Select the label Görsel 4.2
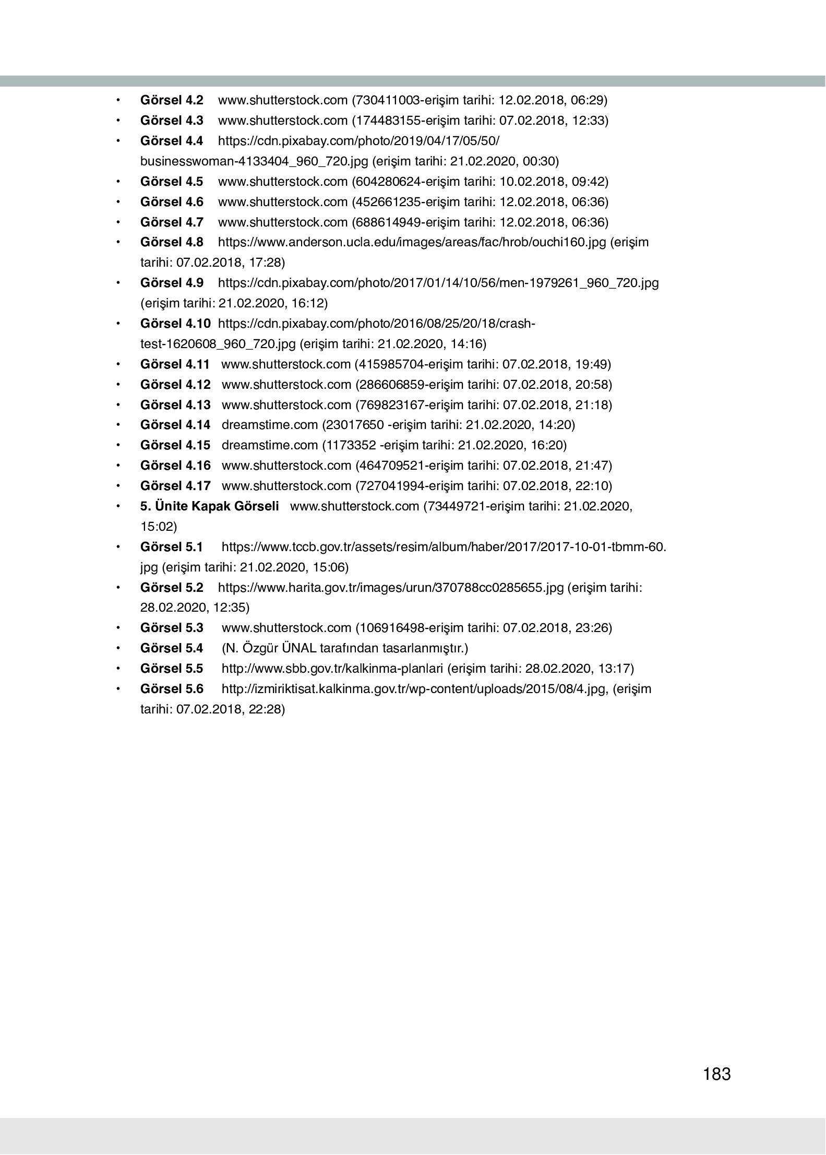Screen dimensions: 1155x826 pos(172,100)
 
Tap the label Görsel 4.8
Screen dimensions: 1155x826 pos(172,242)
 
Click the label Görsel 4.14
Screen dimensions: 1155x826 pos(175,425)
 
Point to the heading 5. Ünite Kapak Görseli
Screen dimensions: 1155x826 pos(209,506)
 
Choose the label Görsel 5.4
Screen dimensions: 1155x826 pos(172,648)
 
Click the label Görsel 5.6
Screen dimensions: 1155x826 pos(172,689)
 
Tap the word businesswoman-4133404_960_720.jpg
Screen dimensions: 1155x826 pos(254,161)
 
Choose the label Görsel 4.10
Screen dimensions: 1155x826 pos(175,324)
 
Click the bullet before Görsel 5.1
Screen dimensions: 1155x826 pos(118,547)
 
